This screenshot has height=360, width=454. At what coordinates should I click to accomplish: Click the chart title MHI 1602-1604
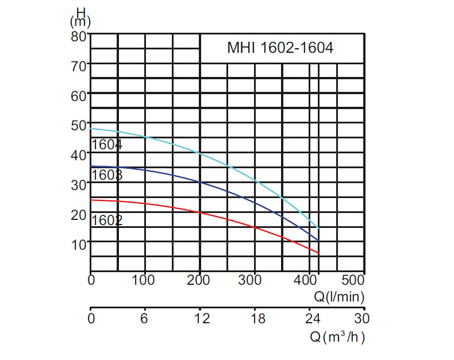coord(280,48)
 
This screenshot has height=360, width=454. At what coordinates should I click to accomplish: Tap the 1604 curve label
coord(107,145)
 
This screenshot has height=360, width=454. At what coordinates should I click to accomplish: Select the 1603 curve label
coord(107,175)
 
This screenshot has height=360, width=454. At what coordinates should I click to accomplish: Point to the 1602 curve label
coord(107,220)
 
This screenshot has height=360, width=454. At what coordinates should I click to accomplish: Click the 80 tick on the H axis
coord(79,37)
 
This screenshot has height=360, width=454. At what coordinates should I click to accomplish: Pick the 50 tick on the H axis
coord(79,126)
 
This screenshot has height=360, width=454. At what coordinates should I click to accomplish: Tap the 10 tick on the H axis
coord(79,245)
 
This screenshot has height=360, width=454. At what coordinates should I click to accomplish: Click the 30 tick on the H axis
coord(79,185)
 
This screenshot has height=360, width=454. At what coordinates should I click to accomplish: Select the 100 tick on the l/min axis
coord(143,280)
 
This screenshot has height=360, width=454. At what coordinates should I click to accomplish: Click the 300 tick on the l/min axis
coord(250,280)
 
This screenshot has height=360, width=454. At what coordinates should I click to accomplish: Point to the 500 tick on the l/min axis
coord(353,280)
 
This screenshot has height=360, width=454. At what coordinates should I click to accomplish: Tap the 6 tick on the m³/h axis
coord(144,318)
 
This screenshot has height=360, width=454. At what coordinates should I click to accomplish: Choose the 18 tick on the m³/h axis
coord(257,318)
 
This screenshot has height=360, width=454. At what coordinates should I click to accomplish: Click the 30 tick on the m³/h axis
coord(362,318)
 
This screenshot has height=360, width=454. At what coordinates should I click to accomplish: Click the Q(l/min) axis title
coord(339,297)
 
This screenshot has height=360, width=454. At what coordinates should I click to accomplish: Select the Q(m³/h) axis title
coord(337,337)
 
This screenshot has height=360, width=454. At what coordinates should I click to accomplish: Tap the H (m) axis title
coord(80,17)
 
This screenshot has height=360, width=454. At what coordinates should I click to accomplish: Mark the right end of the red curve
coord(319,253)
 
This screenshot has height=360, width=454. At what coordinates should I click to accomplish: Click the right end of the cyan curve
coord(319,229)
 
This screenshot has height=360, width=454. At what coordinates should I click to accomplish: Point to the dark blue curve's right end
coord(319,241)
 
